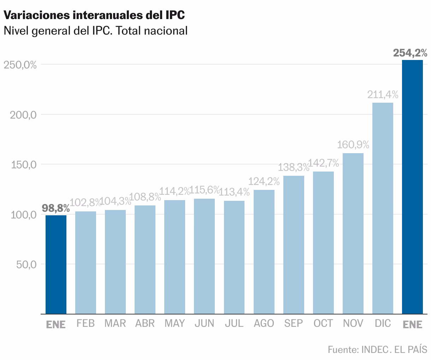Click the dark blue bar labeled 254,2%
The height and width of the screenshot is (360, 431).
click(x=412, y=187)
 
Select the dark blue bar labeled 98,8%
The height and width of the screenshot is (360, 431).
click(x=56, y=264)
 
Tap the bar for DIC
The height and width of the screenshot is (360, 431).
click(x=383, y=208)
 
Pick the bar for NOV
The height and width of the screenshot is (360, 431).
click(x=353, y=233)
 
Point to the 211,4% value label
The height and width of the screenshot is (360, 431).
click(x=383, y=95)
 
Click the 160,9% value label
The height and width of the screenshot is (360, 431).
click(x=353, y=145)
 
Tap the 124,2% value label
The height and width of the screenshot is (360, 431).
click(x=264, y=181)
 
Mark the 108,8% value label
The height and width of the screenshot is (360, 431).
click(x=145, y=197)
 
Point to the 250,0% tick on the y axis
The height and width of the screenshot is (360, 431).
click(x=20, y=65)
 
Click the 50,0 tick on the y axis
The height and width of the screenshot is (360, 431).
click(x=26, y=264)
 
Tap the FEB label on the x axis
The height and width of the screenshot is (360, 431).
click(x=85, y=323)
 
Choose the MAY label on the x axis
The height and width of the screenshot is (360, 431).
click(x=175, y=323)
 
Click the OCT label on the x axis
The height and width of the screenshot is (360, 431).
click(x=323, y=323)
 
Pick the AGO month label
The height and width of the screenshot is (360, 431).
click(x=264, y=323)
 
